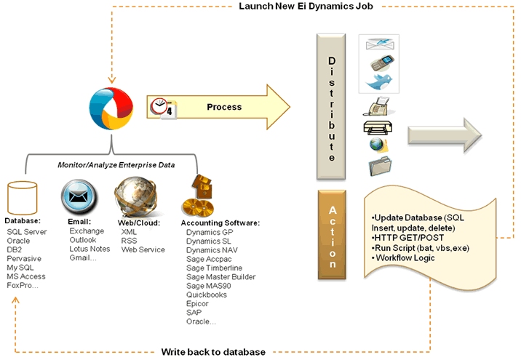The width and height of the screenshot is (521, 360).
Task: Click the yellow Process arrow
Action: click(x=226, y=108)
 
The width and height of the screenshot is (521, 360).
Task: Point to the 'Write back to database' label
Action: click(x=212, y=352)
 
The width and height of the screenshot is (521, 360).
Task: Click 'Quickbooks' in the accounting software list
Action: click(x=207, y=295)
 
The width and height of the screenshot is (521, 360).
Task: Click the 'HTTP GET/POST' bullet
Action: click(x=409, y=238)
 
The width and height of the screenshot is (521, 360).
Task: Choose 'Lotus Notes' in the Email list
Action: click(x=90, y=249)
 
